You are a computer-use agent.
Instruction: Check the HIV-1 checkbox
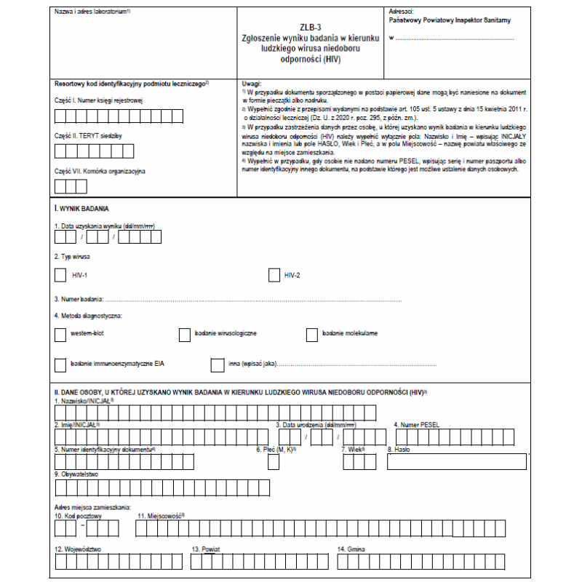tap(60, 275)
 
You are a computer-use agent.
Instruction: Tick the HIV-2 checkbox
tap(274, 275)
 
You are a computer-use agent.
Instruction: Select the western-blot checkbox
tap(60, 334)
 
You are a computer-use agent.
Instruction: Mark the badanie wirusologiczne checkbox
tap(184, 334)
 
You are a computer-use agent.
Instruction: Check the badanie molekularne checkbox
tap(311, 334)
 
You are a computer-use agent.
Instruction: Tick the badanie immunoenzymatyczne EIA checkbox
tap(60, 364)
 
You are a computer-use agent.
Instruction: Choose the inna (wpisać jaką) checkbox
tap(217, 364)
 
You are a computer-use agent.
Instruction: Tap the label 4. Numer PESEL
tap(416, 424)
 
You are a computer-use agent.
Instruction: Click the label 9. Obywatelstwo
tap(76, 474)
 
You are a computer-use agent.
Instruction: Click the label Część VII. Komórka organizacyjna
tap(100, 172)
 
